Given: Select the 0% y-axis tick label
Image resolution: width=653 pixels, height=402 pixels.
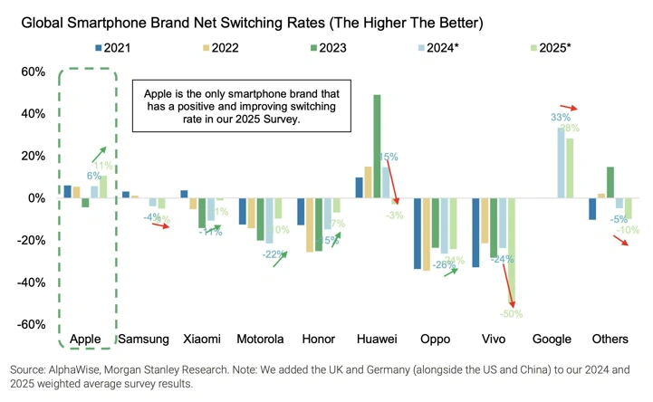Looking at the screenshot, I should [x=37, y=198].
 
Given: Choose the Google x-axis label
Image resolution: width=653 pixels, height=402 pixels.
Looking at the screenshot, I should [x=552, y=339].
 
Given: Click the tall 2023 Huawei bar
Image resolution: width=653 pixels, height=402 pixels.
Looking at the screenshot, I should [x=377, y=146].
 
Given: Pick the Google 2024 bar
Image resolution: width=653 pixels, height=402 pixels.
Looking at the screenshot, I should [x=561, y=162].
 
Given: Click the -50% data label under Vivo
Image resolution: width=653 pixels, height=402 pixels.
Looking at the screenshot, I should [x=512, y=313].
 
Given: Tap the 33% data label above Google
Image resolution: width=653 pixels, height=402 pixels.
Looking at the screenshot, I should [x=561, y=118].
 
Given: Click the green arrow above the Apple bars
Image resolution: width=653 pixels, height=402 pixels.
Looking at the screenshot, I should [x=97, y=155].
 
